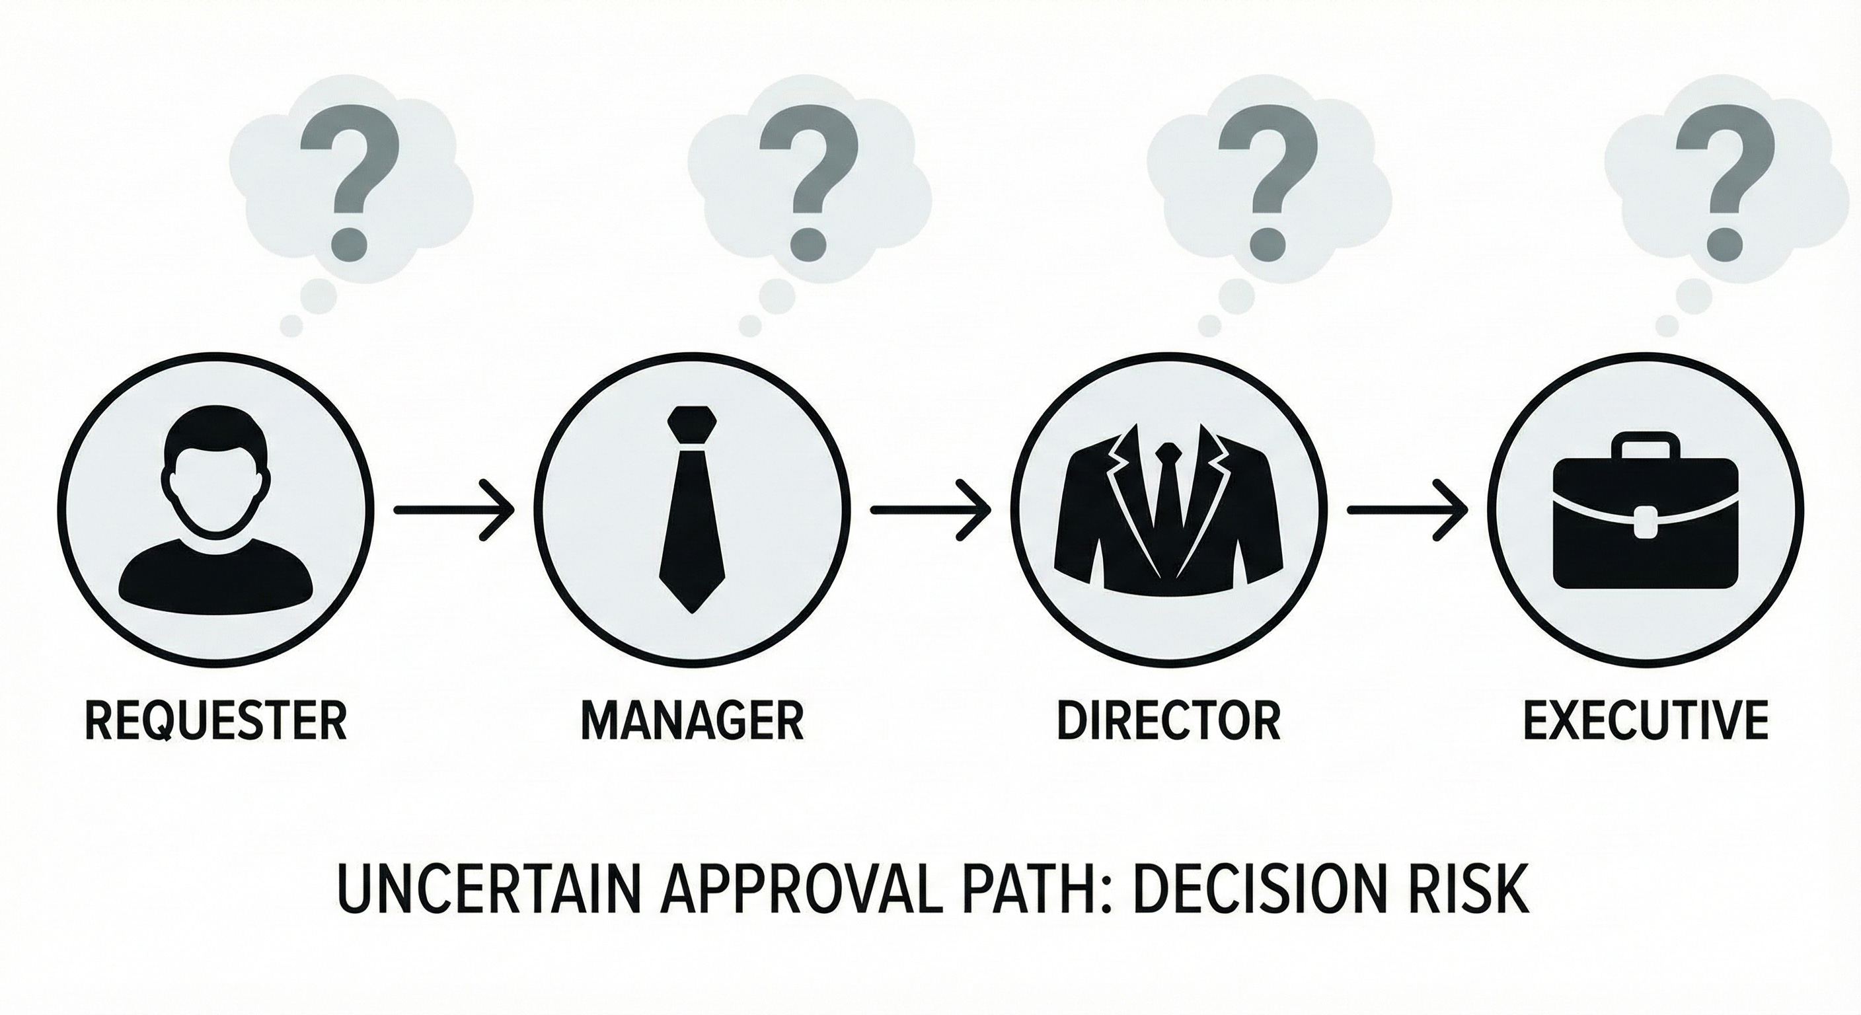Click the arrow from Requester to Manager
click(454, 509)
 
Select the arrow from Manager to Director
click(930, 509)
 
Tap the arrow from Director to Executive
click(1407, 509)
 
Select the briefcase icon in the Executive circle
click(1646, 531)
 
